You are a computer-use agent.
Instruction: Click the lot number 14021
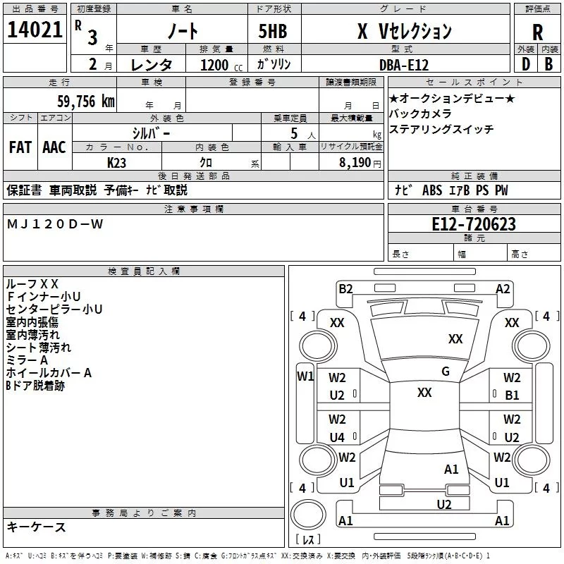(35, 31)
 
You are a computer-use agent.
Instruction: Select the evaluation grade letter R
(537, 32)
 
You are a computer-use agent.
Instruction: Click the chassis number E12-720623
(474, 224)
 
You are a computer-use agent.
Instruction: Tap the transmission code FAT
(20, 147)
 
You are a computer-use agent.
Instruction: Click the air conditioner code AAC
(54, 147)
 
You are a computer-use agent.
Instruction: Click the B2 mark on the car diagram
(345, 288)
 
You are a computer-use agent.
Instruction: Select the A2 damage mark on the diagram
(503, 288)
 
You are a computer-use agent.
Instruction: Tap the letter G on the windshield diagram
(446, 372)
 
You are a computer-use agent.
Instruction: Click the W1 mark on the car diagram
(305, 376)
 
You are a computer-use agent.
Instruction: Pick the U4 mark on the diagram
(337, 438)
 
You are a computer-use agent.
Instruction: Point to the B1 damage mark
(512, 396)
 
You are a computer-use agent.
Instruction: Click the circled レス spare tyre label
(308, 539)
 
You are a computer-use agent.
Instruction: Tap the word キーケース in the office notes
(37, 527)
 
